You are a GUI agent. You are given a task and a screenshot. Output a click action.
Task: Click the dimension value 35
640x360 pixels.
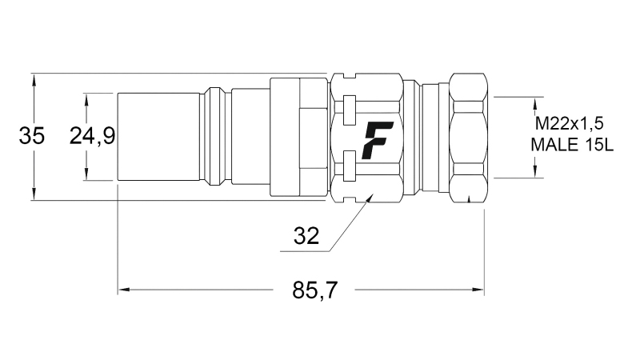(x=32, y=137)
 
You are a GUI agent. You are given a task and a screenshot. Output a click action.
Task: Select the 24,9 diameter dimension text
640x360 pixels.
(x=92, y=137)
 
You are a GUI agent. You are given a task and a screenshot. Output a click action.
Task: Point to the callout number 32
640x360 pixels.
(x=306, y=236)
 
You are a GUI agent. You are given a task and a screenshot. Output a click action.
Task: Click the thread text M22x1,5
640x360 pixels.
(x=568, y=124)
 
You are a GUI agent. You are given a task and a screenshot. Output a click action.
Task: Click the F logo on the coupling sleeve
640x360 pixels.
(x=374, y=139)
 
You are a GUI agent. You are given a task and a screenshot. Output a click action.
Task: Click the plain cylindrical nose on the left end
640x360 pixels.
(x=158, y=137)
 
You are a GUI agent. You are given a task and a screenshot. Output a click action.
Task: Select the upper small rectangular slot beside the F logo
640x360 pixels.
(x=348, y=106)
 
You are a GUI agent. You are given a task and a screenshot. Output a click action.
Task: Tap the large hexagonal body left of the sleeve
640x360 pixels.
(x=298, y=137)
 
